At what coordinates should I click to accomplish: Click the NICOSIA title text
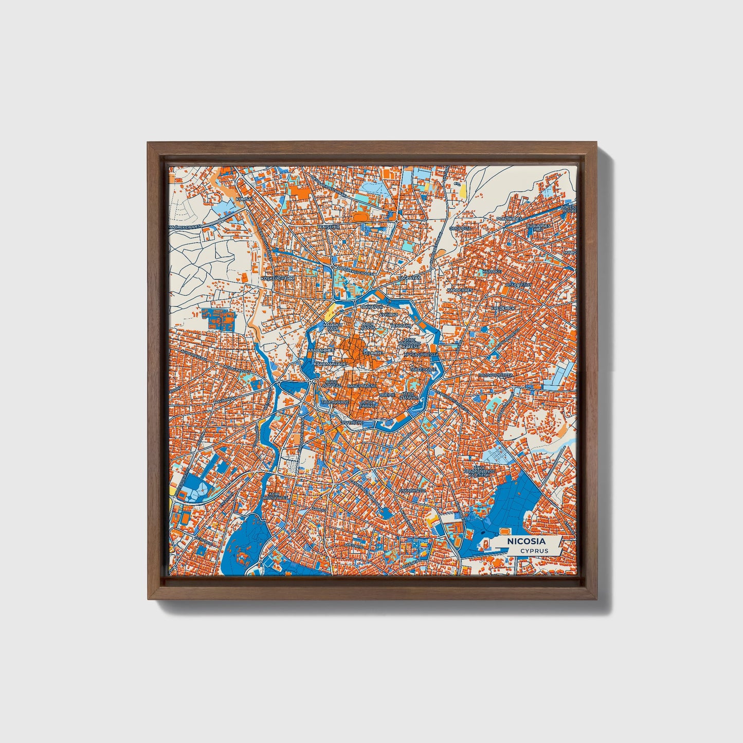point(526,541)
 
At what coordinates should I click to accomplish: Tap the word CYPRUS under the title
point(534,551)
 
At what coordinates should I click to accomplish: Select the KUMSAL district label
point(243,198)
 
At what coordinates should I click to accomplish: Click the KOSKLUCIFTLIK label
point(278,278)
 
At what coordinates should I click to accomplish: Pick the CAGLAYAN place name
point(410,277)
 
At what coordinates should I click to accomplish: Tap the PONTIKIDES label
point(509,219)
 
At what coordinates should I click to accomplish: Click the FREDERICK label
point(503,308)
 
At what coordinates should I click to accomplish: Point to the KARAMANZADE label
point(330,363)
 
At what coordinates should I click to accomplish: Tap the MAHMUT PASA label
point(332,327)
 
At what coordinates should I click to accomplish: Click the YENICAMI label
point(401,325)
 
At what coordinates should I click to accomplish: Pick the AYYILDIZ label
point(389,313)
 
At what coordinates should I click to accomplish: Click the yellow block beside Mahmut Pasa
point(329,311)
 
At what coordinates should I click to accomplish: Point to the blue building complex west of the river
point(221,319)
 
